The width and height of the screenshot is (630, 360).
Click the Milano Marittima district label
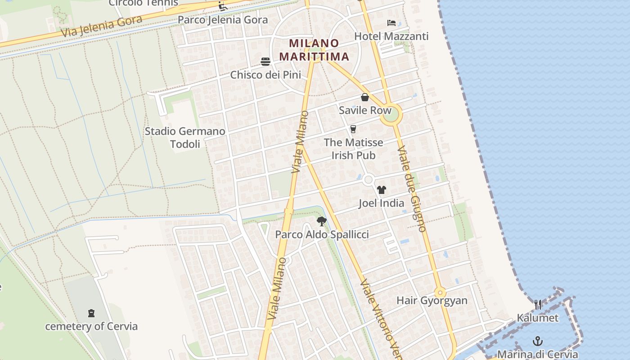[314, 50]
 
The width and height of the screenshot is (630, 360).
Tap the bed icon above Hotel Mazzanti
[391, 23]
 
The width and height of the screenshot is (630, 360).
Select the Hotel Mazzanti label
[391, 36]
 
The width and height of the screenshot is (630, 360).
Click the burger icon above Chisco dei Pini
[265, 62]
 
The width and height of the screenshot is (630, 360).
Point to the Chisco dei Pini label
[265, 75]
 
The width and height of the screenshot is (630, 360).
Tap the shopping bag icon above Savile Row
[365, 97]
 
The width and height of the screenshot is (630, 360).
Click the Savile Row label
[365, 110]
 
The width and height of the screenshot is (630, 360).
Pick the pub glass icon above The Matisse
[353, 129]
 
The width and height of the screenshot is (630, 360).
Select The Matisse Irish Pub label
[353, 149]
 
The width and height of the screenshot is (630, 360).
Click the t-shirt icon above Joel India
[382, 190]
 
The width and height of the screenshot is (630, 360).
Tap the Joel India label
[382, 203]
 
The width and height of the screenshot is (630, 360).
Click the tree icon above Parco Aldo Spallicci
[321, 221]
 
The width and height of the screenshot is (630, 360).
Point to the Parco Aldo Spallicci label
[322, 234]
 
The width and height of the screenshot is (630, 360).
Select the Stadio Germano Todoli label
[185, 138]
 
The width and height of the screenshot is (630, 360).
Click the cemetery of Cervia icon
[91, 313]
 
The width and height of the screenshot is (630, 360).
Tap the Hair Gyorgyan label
[432, 301]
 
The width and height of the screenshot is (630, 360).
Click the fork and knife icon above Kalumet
[538, 305]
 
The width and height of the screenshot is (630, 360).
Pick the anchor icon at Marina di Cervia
[537, 341]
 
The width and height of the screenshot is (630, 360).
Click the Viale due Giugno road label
[412, 189]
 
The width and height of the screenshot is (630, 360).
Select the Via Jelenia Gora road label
[102, 27]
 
